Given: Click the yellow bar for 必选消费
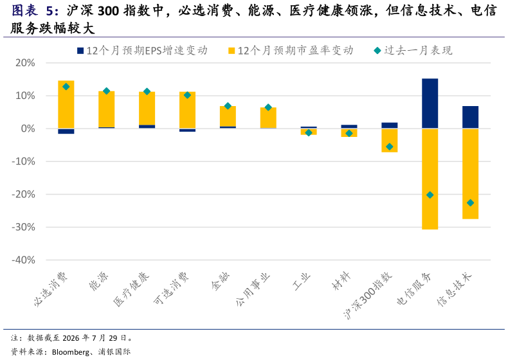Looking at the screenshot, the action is click(66, 104).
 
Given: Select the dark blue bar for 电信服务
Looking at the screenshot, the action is click(430, 104).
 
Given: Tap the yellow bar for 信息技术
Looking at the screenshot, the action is click(471, 174).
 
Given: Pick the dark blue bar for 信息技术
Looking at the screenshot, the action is click(471, 117).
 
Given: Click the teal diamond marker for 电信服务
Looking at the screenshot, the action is click(430, 195).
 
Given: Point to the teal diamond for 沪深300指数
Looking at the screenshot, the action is click(390, 147).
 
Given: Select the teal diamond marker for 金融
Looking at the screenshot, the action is click(228, 106).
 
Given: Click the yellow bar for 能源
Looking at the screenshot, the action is click(107, 109).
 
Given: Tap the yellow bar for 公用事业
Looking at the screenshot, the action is click(268, 118).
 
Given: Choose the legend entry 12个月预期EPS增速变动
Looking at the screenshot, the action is click(142, 51).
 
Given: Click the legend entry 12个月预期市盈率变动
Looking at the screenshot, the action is click(291, 51).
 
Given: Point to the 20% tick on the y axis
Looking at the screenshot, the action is click(25, 63).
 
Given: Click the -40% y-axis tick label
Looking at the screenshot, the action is click(23, 260).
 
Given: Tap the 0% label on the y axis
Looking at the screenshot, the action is click(28, 129).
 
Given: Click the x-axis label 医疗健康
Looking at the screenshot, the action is click(132, 289).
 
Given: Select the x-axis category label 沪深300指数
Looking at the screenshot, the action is click(368, 295).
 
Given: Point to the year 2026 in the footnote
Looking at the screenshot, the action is click(71, 338).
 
